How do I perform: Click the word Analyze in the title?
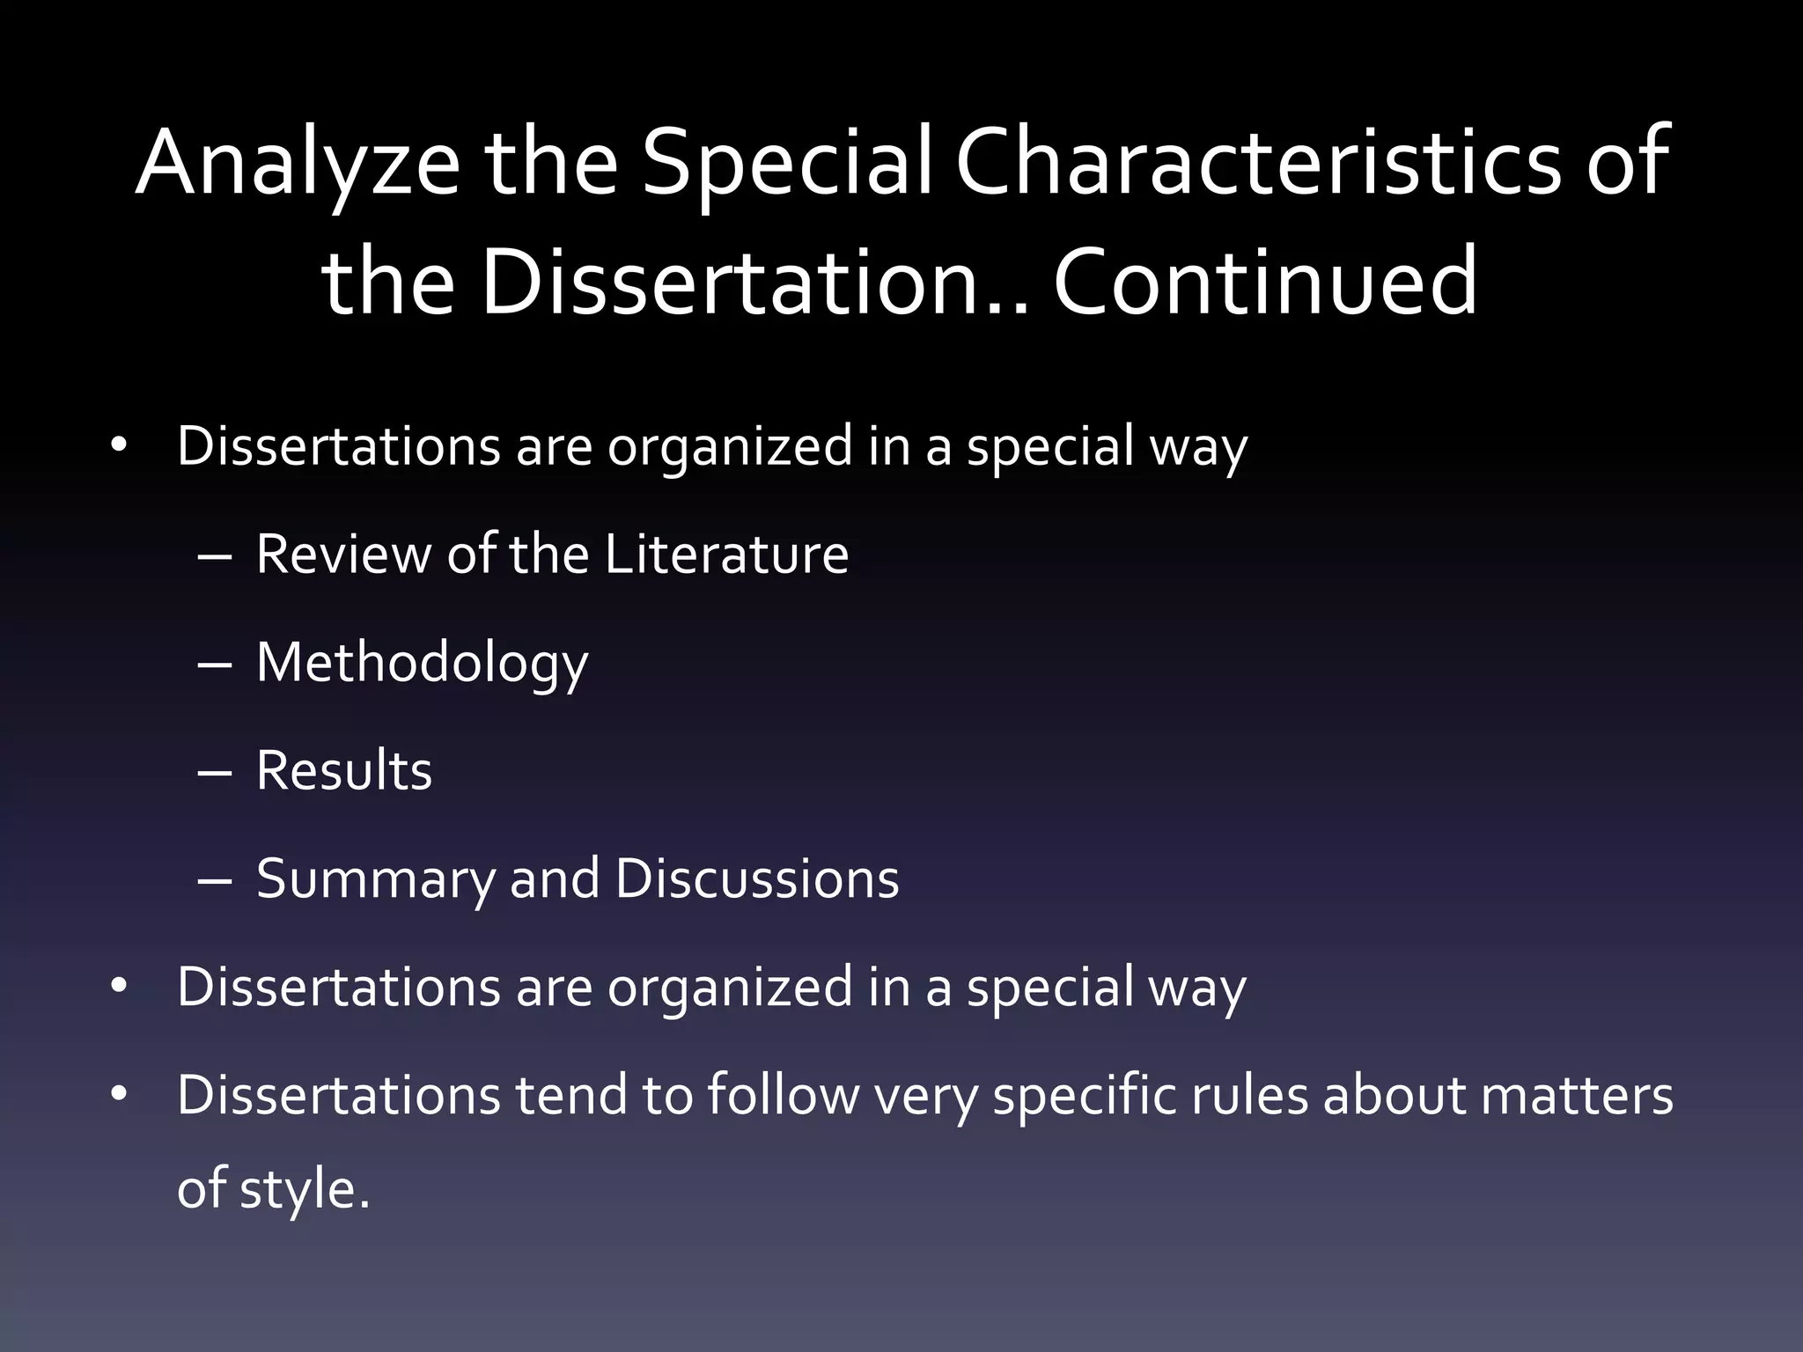(298, 163)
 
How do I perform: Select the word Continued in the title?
(1265, 282)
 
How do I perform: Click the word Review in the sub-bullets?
(342, 555)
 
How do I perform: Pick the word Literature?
(726, 555)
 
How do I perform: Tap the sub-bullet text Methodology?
(422, 663)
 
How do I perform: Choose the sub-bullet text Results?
(344, 771)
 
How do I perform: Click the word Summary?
(374, 879)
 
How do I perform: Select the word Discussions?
(756, 879)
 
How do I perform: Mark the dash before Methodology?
(215, 665)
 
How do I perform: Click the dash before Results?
(215, 774)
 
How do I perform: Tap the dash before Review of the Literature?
(215, 557)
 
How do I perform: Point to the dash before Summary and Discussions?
(215, 882)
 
